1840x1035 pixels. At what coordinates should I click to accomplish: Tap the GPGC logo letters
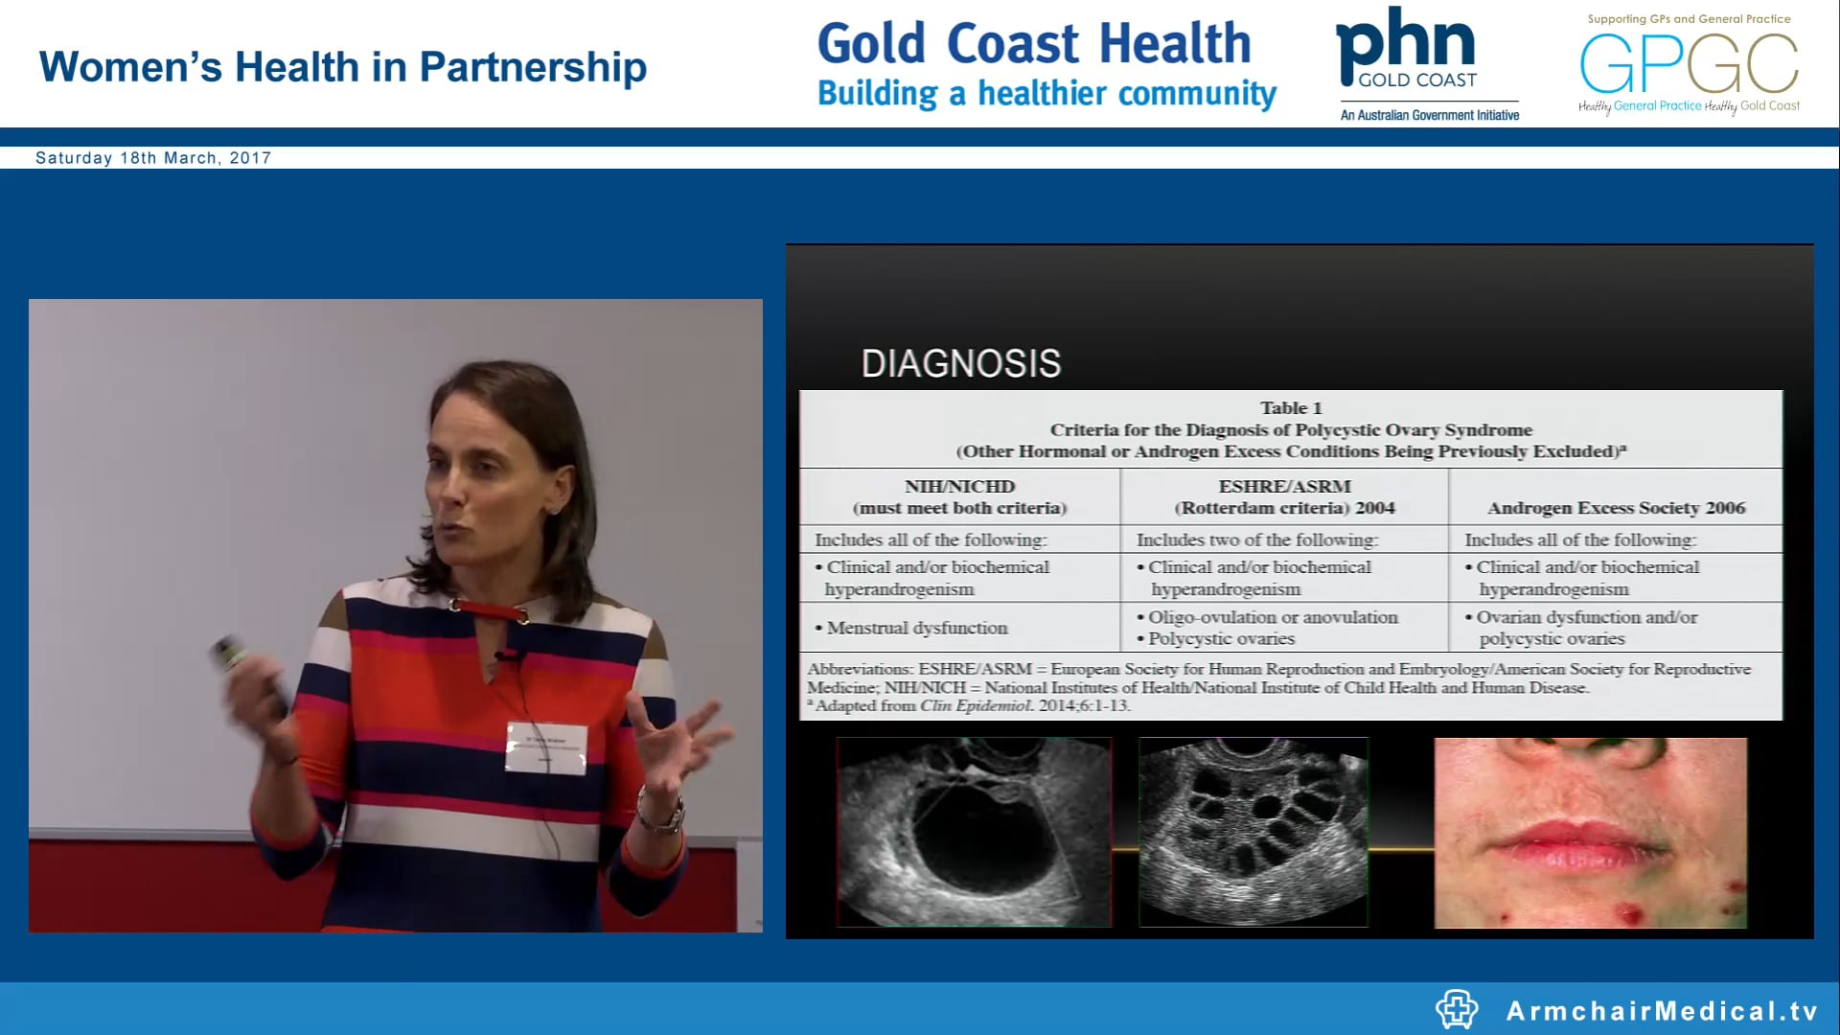click(x=1689, y=63)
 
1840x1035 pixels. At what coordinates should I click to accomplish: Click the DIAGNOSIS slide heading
click(x=960, y=364)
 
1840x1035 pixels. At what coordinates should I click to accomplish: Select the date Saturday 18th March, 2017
click(x=153, y=158)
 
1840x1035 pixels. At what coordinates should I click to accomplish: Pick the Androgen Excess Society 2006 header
click(x=1616, y=508)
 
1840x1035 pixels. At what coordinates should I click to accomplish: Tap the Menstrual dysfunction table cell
click(x=917, y=628)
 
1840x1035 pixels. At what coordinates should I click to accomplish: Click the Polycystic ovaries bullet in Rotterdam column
click(x=1221, y=639)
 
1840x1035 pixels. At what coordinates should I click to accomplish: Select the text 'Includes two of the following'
click(x=1256, y=540)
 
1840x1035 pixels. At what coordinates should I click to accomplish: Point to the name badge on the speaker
click(x=545, y=747)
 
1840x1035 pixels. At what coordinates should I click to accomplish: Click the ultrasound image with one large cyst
click(x=974, y=832)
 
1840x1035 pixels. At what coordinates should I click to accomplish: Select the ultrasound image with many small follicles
click(x=1253, y=832)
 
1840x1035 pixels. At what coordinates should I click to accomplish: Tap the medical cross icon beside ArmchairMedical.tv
click(x=1457, y=1009)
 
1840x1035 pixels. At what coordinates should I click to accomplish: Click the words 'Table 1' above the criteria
click(x=1290, y=408)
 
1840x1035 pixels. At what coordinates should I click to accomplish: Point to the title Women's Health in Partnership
click(x=342, y=67)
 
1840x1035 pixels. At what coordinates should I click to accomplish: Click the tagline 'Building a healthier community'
click(x=1046, y=94)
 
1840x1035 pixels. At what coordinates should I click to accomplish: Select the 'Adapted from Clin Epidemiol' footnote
click(x=969, y=706)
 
